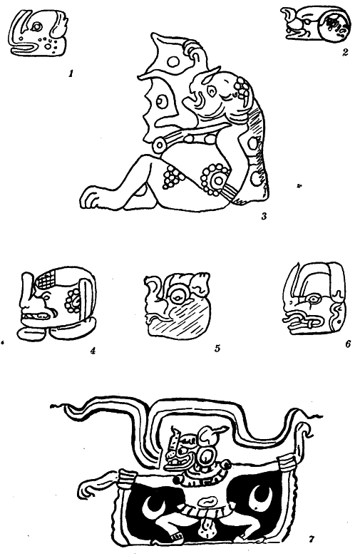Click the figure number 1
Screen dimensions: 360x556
click(x=71, y=74)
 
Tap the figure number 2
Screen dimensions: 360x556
click(x=345, y=53)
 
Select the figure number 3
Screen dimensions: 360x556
click(x=264, y=216)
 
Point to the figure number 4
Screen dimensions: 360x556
click(x=93, y=351)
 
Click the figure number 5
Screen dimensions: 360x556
click(x=217, y=349)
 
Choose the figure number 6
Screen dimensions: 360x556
click(x=348, y=344)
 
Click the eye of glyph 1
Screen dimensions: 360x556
click(x=36, y=26)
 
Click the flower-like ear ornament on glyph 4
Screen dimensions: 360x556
click(x=73, y=300)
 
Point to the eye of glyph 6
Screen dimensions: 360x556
click(x=313, y=299)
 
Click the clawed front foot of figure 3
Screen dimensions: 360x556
click(x=91, y=198)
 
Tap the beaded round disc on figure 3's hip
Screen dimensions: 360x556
click(x=215, y=179)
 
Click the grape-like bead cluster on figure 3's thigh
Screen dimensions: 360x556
click(x=170, y=177)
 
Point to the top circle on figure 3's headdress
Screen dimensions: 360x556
click(x=173, y=62)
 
